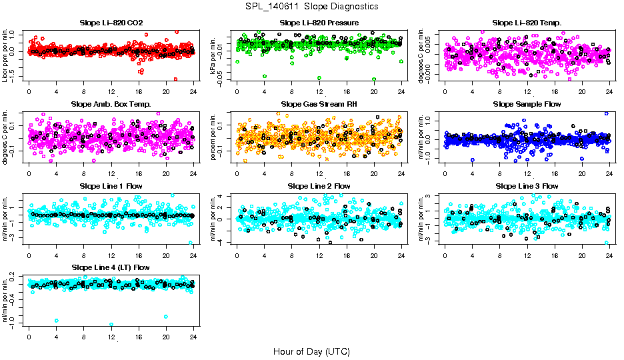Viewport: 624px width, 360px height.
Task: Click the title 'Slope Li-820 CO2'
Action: click(111, 23)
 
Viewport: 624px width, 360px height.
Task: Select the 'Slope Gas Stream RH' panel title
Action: click(319, 104)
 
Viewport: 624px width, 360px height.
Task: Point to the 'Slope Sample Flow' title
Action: click(527, 104)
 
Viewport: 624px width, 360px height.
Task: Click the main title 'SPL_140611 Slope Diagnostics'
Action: click(312, 7)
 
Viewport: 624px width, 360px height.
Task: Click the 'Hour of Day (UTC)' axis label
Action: click(311, 351)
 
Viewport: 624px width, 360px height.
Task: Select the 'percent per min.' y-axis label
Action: click(215, 137)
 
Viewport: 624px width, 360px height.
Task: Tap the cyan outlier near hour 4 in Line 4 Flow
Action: click(57, 321)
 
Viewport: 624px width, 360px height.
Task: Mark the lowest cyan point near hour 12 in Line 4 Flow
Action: click(111, 325)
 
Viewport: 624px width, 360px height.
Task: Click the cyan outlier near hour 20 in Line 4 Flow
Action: click(165, 317)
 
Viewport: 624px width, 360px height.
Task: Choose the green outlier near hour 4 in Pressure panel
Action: click(265, 76)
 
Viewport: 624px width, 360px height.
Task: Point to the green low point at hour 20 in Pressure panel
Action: click(374, 79)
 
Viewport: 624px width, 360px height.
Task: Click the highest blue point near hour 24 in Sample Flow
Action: click(607, 113)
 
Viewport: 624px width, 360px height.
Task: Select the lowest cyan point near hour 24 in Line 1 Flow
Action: click(191, 243)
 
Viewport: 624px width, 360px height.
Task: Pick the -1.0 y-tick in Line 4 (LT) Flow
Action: click(13, 323)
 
